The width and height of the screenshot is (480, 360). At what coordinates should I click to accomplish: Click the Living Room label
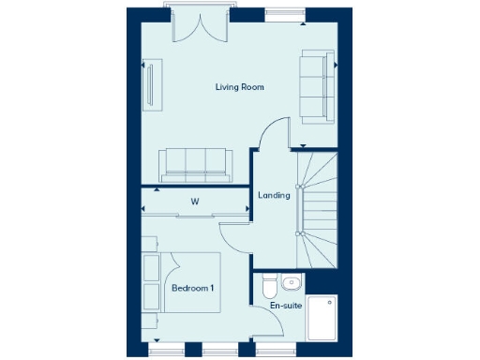click(239, 87)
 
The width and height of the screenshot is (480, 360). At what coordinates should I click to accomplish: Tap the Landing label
click(274, 195)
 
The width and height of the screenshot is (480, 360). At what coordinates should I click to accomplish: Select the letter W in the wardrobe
click(195, 202)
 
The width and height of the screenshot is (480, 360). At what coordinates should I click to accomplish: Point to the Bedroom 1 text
click(193, 288)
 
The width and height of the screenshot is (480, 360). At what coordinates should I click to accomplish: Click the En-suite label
click(285, 307)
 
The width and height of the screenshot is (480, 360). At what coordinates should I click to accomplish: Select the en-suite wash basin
click(292, 282)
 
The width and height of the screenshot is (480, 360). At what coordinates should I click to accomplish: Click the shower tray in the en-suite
click(322, 319)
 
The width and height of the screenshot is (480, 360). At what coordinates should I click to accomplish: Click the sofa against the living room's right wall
click(315, 87)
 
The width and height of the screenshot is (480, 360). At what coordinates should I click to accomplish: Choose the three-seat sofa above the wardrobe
click(195, 164)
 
